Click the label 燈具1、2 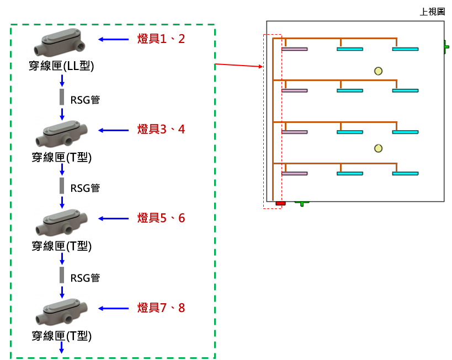point(161,39)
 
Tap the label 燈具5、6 point(161,218)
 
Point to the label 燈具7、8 point(161,308)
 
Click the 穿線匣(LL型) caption point(62,66)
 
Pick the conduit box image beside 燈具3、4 point(62,133)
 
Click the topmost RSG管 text point(86,100)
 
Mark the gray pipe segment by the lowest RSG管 point(62,276)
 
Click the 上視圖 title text point(432,12)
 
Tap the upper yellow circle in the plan point(378,71)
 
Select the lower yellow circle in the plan point(378,148)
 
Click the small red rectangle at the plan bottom point(280,203)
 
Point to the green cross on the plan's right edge point(445,47)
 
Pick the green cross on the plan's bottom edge point(301,201)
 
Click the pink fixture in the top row point(295,49)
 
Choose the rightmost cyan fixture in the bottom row point(405,174)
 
